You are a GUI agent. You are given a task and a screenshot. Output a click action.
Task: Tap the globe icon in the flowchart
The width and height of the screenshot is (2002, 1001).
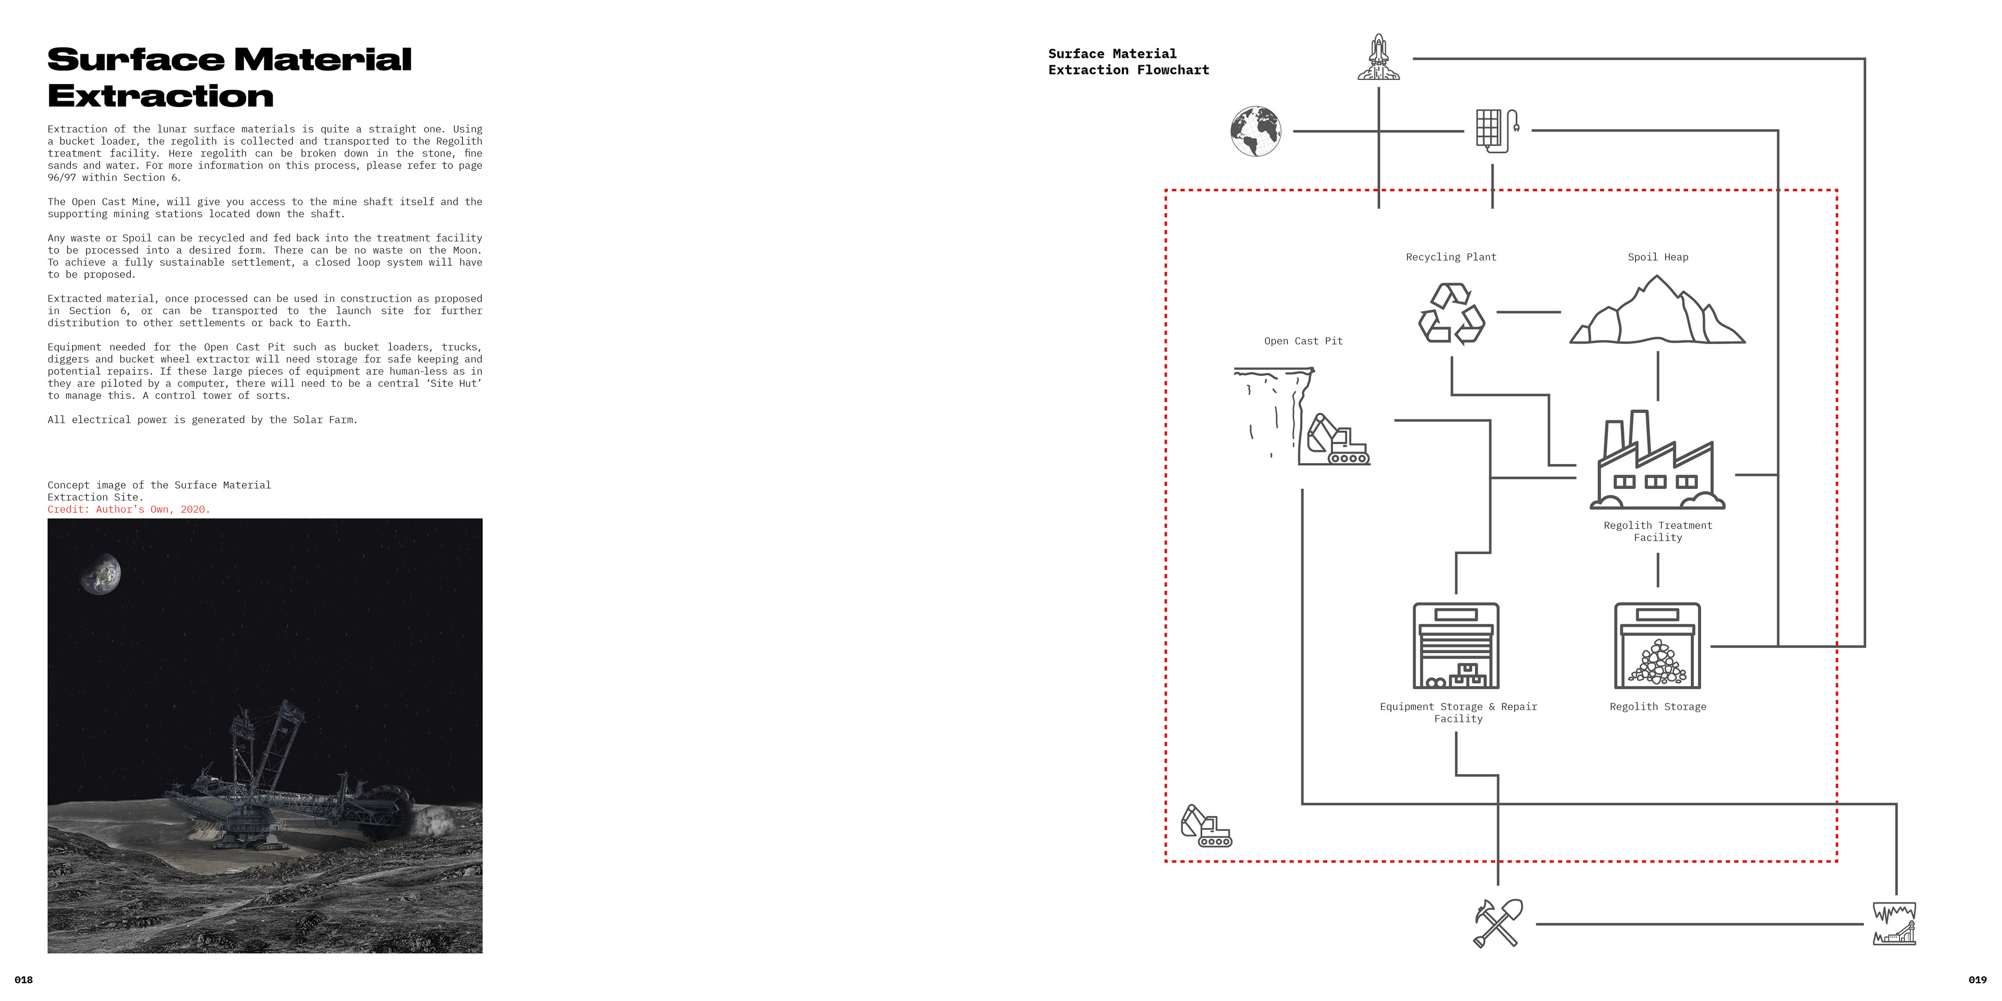tap(1255, 131)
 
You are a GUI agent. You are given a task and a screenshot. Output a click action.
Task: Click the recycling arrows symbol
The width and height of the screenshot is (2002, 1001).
tap(1451, 313)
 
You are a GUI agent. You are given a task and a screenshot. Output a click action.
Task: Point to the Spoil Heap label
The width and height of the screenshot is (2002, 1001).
tap(1658, 257)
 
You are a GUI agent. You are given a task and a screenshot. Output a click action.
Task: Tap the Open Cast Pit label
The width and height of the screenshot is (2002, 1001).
tap(1303, 341)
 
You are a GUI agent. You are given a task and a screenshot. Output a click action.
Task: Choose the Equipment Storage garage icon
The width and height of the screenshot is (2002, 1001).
tap(1456, 646)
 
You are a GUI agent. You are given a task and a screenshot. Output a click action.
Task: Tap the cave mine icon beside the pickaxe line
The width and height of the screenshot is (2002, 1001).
tap(1894, 923)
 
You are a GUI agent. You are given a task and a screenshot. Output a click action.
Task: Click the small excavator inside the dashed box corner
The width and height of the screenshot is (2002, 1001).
tap(1205, 826)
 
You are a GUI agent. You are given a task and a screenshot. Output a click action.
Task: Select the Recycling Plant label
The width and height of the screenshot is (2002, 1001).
tap(1451, 257)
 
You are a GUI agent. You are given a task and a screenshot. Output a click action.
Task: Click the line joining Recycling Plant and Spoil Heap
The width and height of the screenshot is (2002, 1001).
tap(1528, 312)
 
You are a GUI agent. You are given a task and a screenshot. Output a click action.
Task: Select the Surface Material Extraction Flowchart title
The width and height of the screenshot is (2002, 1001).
tap(1128, 62)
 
